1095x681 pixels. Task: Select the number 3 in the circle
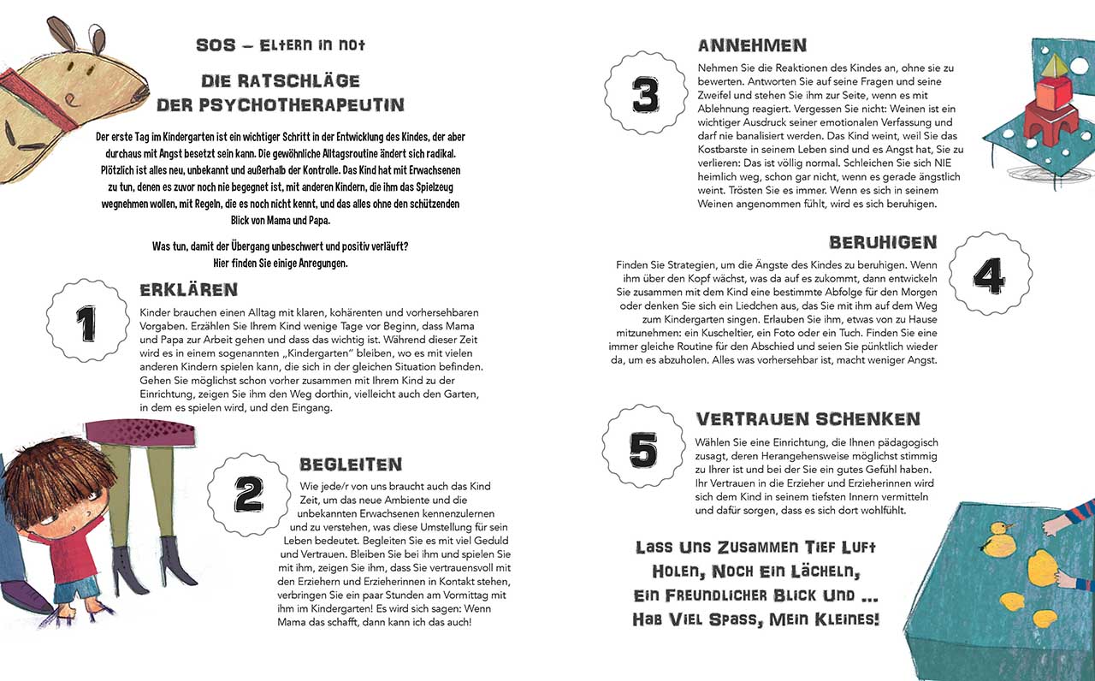[646, 95]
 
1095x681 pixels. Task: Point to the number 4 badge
[989, 274]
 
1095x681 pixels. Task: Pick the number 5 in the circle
[643, 447]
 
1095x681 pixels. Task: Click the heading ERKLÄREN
[188, 290]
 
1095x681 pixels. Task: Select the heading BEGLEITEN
[351, 465]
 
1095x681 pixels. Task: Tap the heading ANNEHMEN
[752, 45]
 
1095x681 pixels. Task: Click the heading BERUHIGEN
[883, 243]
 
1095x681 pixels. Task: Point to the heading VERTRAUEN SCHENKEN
[808, 419]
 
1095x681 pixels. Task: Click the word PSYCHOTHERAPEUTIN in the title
[281, 105]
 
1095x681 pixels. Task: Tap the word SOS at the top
[216, 45]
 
